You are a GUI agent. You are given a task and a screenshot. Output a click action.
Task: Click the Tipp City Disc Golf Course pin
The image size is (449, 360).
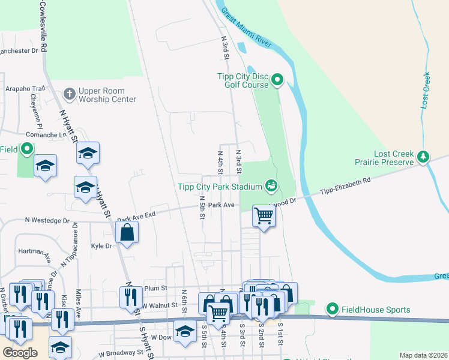click(x=277, y=79)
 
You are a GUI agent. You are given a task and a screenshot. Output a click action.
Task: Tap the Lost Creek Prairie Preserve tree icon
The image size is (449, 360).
click(x=424, y=157)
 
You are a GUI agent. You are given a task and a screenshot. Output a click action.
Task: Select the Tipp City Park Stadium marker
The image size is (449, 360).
click(x=272, y=186)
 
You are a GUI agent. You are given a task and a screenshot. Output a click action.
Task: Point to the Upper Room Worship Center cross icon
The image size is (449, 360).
click(x=70, y=94)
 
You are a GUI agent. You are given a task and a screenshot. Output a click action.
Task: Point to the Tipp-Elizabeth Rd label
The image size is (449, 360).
click(x=346, y=182)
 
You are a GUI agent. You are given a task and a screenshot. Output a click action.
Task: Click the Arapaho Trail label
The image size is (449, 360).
click(x=25, y=88)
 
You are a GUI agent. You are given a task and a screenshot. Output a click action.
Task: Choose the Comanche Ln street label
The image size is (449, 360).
click(x=45, y=135)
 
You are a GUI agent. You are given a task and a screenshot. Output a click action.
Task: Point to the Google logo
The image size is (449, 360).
click(x=20, y=353)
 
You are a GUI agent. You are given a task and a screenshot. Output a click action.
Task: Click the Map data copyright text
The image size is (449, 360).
click(x=423, y=355)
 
